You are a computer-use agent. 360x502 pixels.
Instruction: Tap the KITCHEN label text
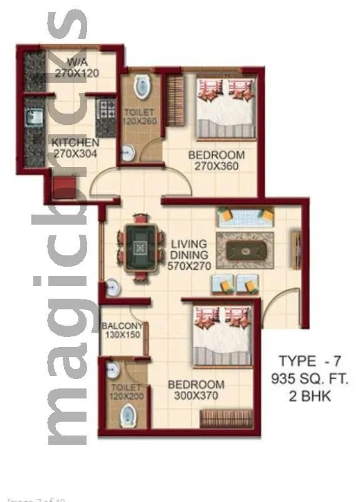[75, 142]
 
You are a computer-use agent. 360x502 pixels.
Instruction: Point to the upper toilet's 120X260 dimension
[140, 121]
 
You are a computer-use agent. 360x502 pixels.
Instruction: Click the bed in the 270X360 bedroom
[226, 107]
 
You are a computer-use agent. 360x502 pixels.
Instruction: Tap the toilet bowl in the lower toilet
[129, 414]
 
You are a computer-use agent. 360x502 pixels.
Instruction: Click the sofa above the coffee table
[245, 217]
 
